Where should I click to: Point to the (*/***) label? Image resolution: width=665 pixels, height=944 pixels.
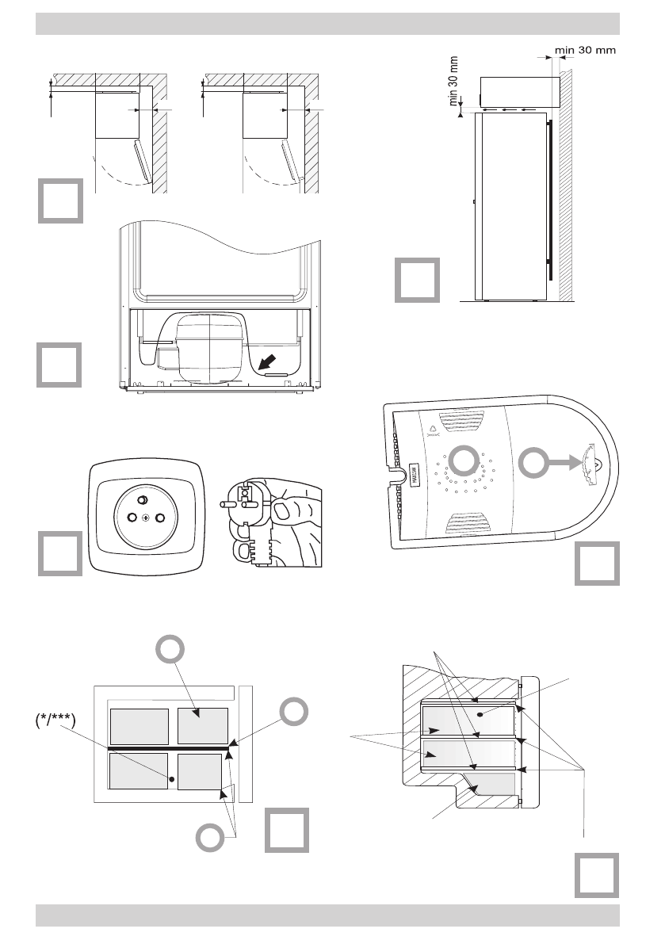[55, 723]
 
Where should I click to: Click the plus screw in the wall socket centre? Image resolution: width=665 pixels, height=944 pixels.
[145, 518]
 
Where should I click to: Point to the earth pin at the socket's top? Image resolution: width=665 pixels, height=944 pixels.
[144, 500]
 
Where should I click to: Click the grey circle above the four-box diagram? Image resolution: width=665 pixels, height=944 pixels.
[171, 651]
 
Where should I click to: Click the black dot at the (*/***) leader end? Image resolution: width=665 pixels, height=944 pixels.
[171, 778]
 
